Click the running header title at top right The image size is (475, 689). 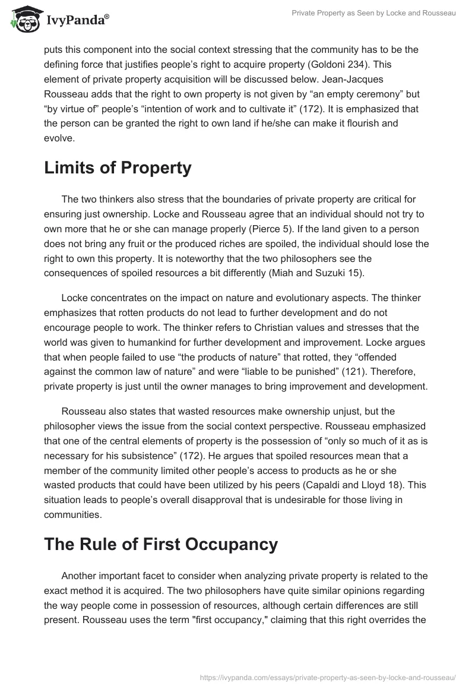point(373,12)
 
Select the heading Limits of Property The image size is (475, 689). point(118,168)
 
